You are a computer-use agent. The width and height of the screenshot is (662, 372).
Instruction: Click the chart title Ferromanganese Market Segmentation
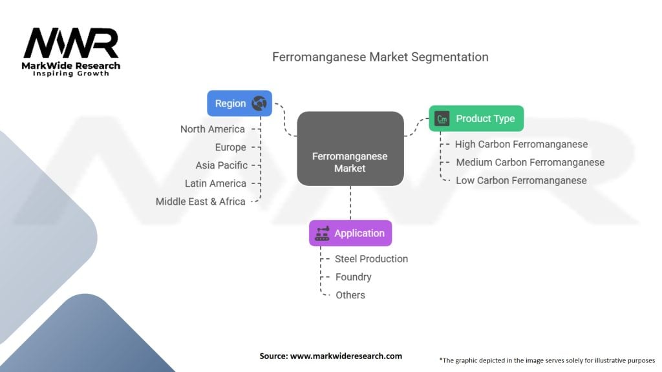point(380,57)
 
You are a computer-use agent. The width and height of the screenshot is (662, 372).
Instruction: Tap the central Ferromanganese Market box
point(350,162)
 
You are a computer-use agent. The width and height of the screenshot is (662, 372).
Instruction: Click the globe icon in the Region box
point(259,103)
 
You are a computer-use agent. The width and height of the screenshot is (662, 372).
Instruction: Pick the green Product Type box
point(476,118)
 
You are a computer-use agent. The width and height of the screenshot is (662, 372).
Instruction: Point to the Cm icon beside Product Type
point(442,119)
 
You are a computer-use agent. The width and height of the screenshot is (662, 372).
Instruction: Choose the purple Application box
point(350,233)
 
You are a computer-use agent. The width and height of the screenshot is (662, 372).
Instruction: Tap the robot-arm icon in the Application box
point(322,234)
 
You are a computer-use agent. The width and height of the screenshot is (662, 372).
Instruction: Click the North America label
point(213,129)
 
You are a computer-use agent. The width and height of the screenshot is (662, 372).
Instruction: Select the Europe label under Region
point(230,147)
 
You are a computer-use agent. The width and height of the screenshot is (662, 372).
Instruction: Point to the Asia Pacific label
point(221,165)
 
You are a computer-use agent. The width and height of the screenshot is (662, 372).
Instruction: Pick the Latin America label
point(215,183)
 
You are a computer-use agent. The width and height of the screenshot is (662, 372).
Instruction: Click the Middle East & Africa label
point(200,201)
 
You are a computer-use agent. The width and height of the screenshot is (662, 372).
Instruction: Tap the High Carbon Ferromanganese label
point(521,144)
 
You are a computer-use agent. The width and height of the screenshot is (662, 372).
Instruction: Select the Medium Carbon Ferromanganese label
point(530,162)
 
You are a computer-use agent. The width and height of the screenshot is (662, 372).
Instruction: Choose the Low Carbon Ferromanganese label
point(521,180)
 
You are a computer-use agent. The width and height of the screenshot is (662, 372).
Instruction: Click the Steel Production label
point(371,258)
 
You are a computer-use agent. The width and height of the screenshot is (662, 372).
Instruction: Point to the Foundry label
point(353,276)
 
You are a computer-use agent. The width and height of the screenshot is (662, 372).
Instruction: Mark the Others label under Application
point(350,294)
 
